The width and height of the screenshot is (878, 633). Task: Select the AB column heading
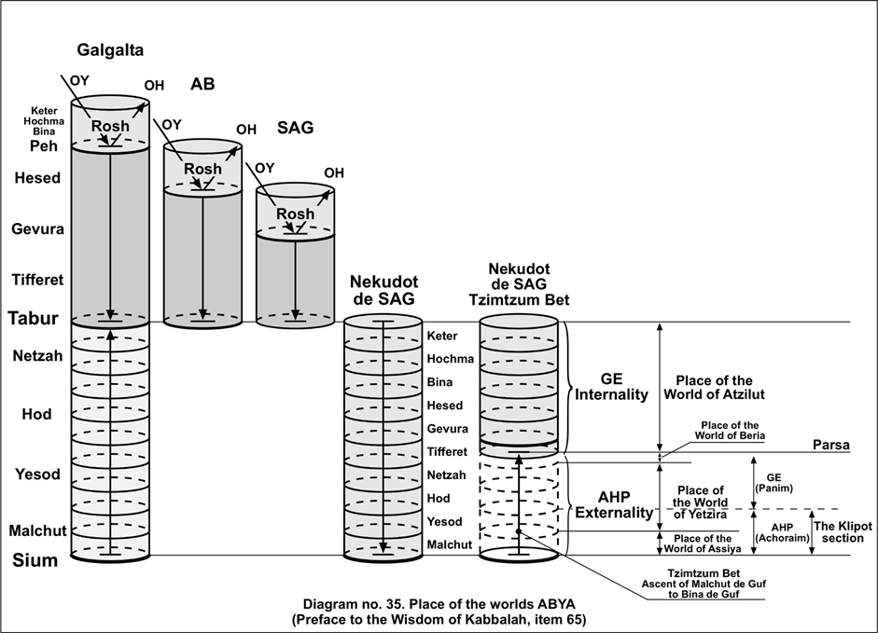coord(202,85)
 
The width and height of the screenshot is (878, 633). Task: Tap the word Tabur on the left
coord(34,318)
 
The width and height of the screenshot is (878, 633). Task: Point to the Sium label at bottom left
coord(34,560)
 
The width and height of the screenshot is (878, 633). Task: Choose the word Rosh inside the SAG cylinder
coord(296,214)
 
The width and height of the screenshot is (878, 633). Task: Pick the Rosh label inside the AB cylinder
coord(202,169)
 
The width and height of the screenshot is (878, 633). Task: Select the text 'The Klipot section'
coord(843,532)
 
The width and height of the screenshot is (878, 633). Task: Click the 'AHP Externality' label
coord(612,505)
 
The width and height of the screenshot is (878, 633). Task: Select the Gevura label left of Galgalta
coord(37,228)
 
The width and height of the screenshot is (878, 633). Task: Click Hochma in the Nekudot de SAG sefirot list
coord(449,359)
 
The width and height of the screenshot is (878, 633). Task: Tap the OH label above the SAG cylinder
coord(333,172)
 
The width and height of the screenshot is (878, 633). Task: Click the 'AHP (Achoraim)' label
coord(774,532)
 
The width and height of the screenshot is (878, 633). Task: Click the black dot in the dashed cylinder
coord(519,531)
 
